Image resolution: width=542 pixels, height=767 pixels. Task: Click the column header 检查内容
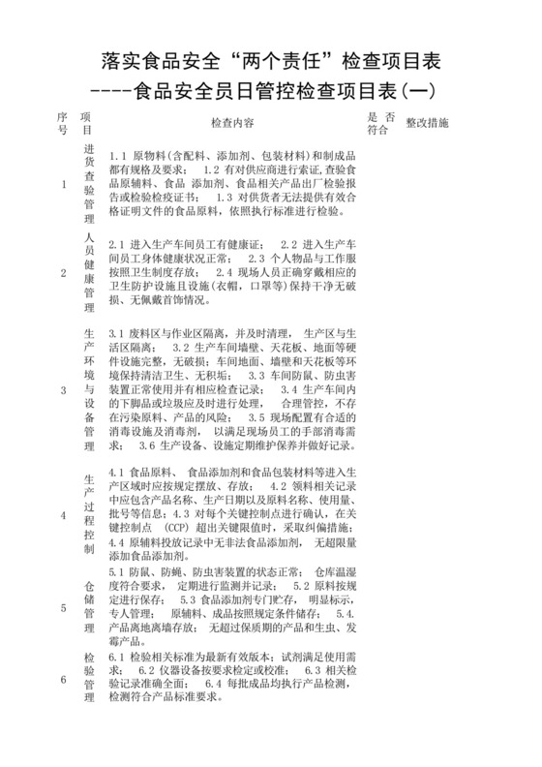tap(232, 124)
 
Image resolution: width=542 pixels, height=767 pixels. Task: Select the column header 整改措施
tap(427, 124)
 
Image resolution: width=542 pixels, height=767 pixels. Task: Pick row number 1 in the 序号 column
tap(64, 184)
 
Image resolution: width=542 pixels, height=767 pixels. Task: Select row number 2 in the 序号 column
tap(64, 274)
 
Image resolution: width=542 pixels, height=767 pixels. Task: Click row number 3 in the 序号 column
tap(64, 390)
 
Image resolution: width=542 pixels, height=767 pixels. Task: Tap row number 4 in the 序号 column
tap(64, 515)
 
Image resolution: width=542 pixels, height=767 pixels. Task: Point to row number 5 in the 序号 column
tap(64, 608)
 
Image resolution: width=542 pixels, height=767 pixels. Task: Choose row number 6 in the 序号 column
tap(64, 680)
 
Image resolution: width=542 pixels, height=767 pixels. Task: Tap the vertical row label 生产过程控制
tap(88, 515)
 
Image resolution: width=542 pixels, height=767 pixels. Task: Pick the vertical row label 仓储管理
tap(88, 606)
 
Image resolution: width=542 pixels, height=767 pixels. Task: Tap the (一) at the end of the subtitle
tap(418, 92)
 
